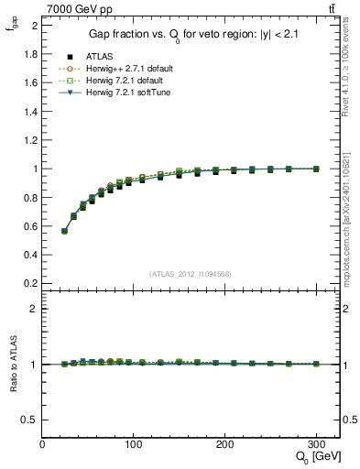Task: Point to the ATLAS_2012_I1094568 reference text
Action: pos(191,274)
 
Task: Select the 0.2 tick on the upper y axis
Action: pos(32,283)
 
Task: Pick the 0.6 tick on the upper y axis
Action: pos(32,226)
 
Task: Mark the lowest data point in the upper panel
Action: pos(64,231)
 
